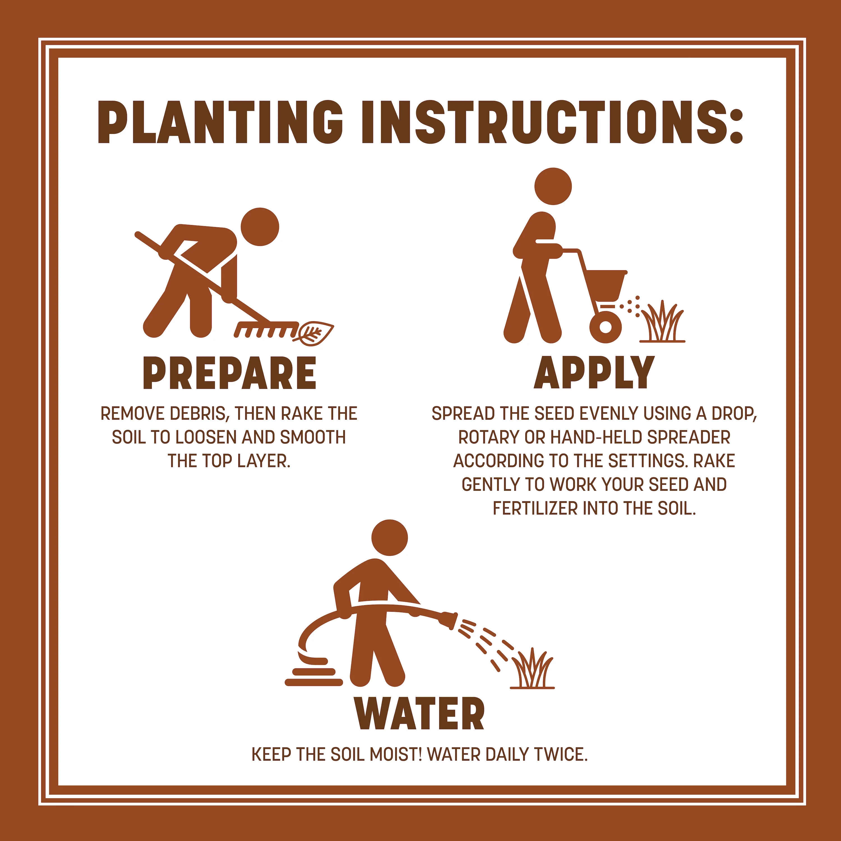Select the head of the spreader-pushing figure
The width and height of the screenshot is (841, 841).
553,186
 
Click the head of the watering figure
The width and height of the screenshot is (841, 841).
390,538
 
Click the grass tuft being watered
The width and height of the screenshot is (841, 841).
532,668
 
